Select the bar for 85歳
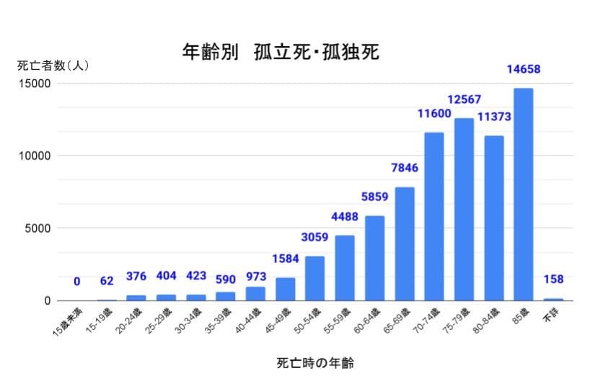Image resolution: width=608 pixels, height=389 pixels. pyautogui.click(x=523, y=194)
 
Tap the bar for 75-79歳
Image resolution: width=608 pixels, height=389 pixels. pyautogui.click(x=464, y=209)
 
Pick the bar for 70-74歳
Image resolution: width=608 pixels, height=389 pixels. pyautogui.click(x=434, y=216)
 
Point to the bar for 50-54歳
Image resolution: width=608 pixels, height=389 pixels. pyautogui.click(x=315, y=278)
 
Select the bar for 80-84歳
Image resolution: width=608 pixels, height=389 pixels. pyautogui.click(x=493, y=218)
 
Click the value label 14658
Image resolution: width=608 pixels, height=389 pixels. pyautogui.click(x=523, y=70)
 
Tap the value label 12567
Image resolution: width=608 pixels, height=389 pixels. pyautogui.click(x=464, y=99)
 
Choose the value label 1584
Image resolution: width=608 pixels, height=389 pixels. pyautogui.click(x=286, y=259)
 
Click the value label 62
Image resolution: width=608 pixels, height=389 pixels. pyautogui.click(x=107, y=281)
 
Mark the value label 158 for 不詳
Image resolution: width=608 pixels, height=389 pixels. pyautogui.click(x=553, y=280)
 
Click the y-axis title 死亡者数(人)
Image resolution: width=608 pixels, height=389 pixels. pyautogui.click(x=53, y=66)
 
